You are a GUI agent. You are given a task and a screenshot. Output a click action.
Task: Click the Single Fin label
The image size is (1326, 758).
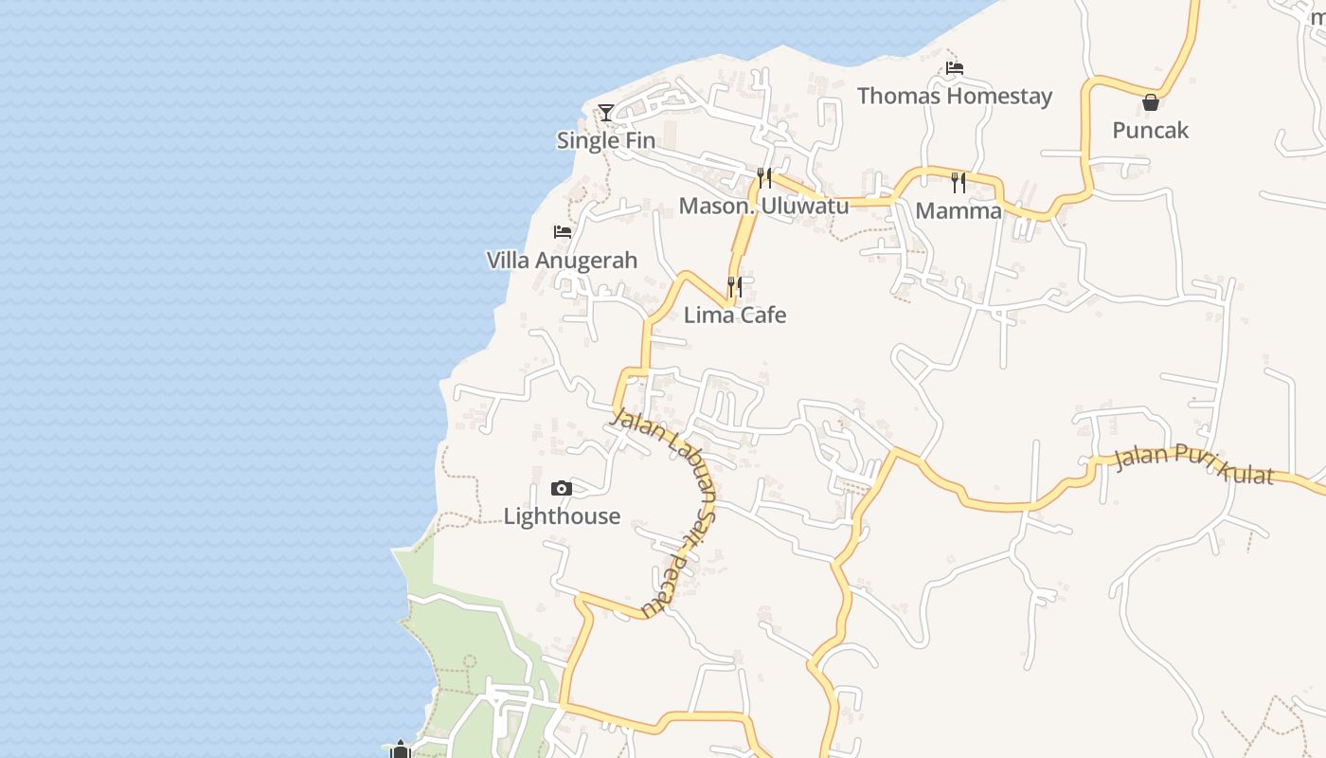pos(605,140)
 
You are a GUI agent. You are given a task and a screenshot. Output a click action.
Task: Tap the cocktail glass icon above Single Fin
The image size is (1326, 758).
pos(606,113)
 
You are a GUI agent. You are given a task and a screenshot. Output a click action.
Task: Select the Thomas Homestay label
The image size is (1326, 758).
pos(954,96)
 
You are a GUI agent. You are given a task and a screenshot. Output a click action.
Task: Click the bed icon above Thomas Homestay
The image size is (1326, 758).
pos(955,68)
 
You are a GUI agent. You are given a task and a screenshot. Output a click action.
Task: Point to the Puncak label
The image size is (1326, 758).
pos(1150,130)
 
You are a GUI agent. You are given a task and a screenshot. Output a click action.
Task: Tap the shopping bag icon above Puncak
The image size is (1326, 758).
pos(1151,102)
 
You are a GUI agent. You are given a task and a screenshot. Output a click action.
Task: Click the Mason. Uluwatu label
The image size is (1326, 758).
pos(763,206)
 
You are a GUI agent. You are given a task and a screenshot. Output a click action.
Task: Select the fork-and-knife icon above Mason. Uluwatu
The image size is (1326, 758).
pos(764,177)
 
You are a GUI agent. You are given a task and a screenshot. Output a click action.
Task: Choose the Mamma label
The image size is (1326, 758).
pos(959,210)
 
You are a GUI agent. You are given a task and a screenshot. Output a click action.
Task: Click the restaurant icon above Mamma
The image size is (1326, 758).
pos(959,182)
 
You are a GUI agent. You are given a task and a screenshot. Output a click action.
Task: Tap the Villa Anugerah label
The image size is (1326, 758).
pos(562,260)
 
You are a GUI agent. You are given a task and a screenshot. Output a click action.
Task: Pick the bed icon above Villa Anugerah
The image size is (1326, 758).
pos(563,232)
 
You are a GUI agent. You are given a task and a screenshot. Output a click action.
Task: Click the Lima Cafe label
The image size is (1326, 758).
pos(735,315)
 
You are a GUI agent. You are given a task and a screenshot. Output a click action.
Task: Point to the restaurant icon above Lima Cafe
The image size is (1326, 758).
pos(735,286)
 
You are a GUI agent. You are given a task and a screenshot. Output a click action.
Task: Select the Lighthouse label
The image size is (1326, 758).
pos(562,516)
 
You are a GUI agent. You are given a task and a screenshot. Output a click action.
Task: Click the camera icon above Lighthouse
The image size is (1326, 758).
pos(562,489)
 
